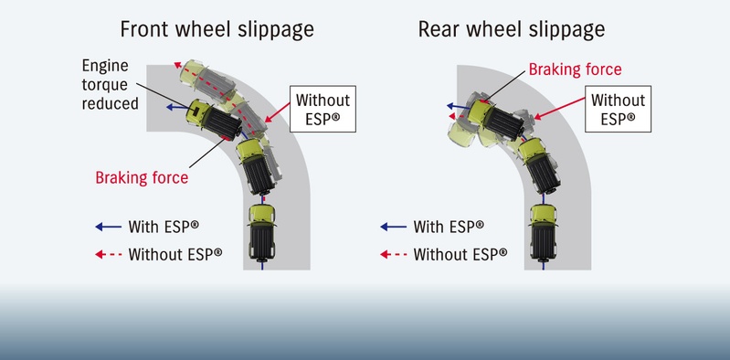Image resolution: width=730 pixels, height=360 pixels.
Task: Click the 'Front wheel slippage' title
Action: [217, 30]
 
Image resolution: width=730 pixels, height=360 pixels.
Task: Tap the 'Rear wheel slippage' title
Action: [512, 30]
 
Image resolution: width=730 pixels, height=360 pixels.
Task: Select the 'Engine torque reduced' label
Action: [111, 84]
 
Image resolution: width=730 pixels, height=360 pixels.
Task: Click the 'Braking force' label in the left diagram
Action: [142, 177]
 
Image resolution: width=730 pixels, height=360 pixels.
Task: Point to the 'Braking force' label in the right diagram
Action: [575, 69]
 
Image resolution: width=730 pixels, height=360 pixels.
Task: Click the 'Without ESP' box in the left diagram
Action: [323, 109]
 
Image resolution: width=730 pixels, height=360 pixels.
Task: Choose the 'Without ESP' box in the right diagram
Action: [618, 109]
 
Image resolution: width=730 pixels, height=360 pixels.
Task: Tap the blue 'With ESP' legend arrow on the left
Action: [109, 227]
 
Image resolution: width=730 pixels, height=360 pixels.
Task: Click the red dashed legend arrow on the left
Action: [109, 254]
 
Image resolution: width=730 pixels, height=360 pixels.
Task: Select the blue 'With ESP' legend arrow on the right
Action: [394, 227]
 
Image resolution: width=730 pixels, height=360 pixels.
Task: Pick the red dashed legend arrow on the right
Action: [394, 254]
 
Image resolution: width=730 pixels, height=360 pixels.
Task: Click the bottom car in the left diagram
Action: [262, 231]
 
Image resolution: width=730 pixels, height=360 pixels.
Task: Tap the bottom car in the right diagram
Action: [544, 231]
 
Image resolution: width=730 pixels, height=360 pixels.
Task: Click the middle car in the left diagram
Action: [256, 166]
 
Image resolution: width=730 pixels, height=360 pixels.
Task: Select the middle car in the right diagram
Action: [539, 165]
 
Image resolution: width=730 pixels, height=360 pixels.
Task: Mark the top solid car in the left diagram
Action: [214, 120]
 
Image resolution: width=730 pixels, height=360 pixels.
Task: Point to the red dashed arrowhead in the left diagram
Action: [177, 65]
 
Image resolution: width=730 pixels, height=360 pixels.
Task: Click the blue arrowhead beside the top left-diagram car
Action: [171, 108]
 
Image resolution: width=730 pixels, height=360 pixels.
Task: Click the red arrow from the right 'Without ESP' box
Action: [559, 108]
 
